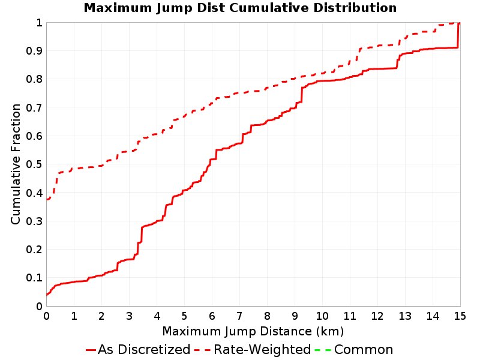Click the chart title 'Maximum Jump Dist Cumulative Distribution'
click(x=240, y=8)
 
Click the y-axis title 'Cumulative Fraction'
click(x=16, y=164)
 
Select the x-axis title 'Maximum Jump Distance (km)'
click(x=253, y=331)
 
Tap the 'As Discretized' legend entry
click(x=138, y=349)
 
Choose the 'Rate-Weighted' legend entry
click(x=253, y=349)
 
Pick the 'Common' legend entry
click(x=354, y=349)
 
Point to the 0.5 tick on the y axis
click(x=34, y=164)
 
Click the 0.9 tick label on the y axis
click(x=34, y=51)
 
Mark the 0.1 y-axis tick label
click(x=34, y=278)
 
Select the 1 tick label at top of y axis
click(x=39, y=23)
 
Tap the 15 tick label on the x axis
click(x=460, y=316)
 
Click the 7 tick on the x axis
click(x=239, y=316)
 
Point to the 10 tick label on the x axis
click(x=322, y=316)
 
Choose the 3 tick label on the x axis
click(x=129, y=316)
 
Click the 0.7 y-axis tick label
click(x=34, y=107)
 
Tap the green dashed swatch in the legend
click(x=323, y=350)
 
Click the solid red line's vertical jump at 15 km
click(x=458, y=35)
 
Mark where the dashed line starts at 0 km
click(x=47, y=199)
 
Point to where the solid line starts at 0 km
click(x=47, y=295)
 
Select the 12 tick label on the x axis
click(x=377, y=316)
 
